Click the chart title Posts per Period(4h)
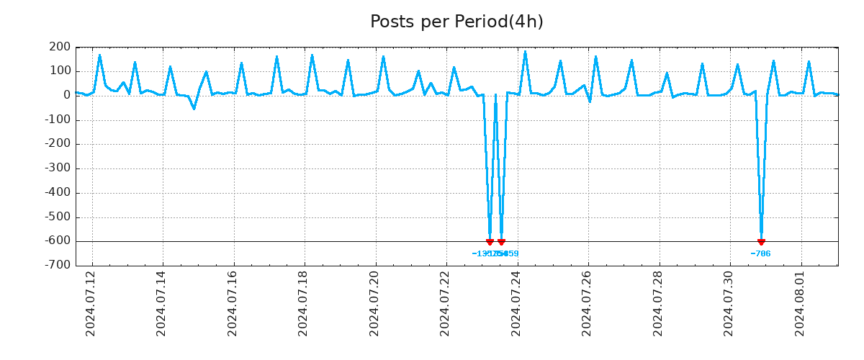(456, 22)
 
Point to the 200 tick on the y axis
(61, 48)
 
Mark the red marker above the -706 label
(761, 242)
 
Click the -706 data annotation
(760, 253)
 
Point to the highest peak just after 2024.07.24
(525, 52)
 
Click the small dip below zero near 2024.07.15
(194, 109)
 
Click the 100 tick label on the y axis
(61, 71)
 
